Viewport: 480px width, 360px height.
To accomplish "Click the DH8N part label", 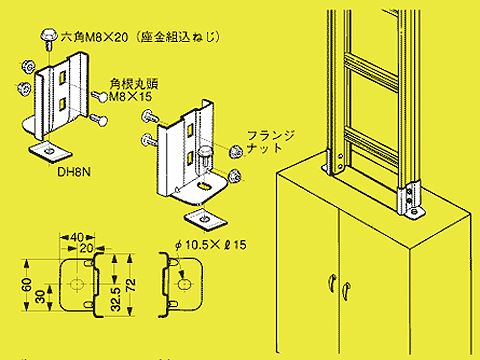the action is tap(74, 172).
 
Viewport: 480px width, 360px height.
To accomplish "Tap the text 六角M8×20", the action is tap(94, 37).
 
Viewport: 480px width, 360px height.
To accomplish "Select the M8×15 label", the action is tap(131, 97).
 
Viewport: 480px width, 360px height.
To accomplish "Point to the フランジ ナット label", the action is tap(271, 142).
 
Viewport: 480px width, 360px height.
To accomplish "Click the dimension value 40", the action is tap(77, 238).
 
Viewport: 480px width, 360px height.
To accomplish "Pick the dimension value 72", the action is tap(130, 285).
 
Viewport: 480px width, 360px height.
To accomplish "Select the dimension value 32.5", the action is tap(115, 299).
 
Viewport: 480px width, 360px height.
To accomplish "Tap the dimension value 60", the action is tap(28, 285).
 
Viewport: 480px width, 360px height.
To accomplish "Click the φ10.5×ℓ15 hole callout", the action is tap(211, 245).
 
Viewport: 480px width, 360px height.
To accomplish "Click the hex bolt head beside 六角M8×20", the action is tap(50, 35).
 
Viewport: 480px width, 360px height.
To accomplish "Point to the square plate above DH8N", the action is tap(50, 152).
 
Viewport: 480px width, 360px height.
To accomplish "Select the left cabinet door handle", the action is tap(331, 283).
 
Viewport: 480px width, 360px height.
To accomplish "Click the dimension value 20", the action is tap(87, 248).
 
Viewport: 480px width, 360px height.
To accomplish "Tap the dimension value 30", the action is tap(40, 297).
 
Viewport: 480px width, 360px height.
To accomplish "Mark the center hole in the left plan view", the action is tap(77, 284).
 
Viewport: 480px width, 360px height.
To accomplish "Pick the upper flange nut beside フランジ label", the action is tap(236, 152).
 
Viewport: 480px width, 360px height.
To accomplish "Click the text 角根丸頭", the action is tap(134, 84).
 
